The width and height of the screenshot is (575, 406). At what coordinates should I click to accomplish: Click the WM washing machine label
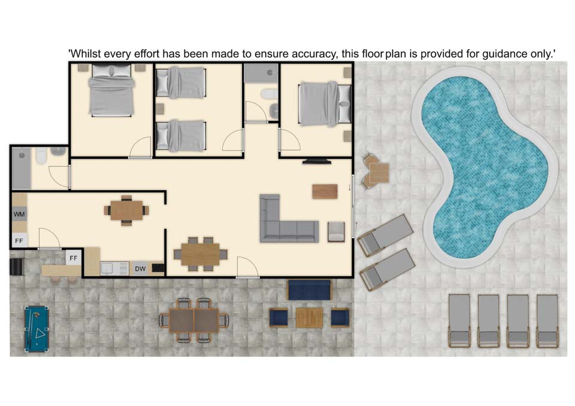click(x=19, y=214)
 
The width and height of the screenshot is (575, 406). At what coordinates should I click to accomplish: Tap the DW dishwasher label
click(x=140, y=268)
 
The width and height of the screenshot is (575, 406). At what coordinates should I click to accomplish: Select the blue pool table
click(x=37, y=329)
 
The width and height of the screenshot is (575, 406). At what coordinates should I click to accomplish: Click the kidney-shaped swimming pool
click(x=484, y=167)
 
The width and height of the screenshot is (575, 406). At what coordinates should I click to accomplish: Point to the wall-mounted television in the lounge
click(x=317, y=161)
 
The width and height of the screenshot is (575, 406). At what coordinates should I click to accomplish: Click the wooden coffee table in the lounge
click(x=325, y=191)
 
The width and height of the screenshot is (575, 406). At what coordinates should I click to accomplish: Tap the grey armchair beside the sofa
click(x=336, y=232)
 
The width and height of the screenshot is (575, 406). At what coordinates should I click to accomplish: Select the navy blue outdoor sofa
click(x=309, y=290)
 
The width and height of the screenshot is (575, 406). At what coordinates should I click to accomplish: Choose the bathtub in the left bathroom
click(x=22, y=169)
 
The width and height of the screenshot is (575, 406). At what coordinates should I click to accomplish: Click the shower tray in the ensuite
click(x=261, y=73)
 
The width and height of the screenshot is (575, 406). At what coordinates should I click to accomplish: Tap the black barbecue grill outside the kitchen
click(x=17, y=267)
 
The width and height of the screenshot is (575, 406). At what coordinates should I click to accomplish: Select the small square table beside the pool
click(x=379, y=173)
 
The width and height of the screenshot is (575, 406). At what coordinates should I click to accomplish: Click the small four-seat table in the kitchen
click(x=126, y=210)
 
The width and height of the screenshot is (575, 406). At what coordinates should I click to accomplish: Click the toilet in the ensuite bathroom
click(x=270, y=94)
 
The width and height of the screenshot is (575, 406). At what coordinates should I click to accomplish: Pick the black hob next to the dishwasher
click(x=158, y=268)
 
